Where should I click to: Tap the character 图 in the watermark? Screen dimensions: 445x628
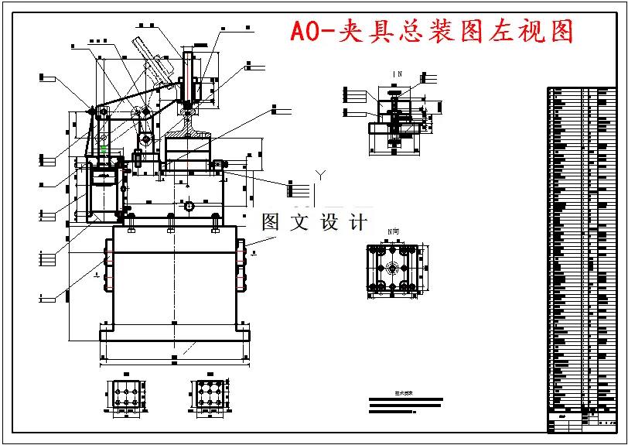(x=271, y=223)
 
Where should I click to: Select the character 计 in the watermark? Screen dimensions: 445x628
(x=357, y=223)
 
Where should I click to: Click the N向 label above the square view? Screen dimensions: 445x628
(x=394, y=232)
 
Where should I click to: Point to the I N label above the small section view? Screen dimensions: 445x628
(x=397, y=74)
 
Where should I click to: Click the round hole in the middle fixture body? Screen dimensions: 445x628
(x=188, y=207)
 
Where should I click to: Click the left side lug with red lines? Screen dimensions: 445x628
(x=110, y=265)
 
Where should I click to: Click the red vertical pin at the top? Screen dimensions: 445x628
(x=186, y=77)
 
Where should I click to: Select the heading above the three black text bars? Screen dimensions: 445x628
(x=404, y=393)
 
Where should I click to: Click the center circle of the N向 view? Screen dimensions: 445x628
(x=393, y=269)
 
